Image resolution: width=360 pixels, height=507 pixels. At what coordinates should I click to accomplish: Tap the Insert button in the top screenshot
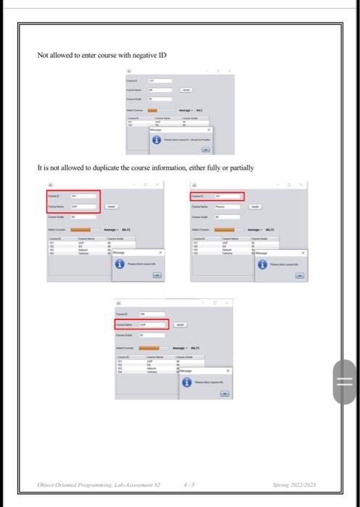pyautogui.click(x=186, y=90)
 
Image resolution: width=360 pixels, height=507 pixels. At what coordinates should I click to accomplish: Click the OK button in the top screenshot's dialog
pyautogui.click(x=204, y=149)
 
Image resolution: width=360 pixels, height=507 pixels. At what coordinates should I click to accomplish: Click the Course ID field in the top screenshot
pyautogui.click(x=160, y=80)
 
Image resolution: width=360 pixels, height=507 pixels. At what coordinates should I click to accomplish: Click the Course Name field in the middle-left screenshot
pyautogui.click(x=83, y=206)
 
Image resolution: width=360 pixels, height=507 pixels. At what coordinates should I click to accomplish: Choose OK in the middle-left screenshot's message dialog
pyautogui.click(x=156, y=275)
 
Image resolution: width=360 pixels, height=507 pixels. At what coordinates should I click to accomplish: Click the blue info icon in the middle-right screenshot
pyautogui.click(x=263, y=264)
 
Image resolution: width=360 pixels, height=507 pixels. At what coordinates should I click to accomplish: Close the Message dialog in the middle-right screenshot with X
pyautogui.click(x=323, y=253)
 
